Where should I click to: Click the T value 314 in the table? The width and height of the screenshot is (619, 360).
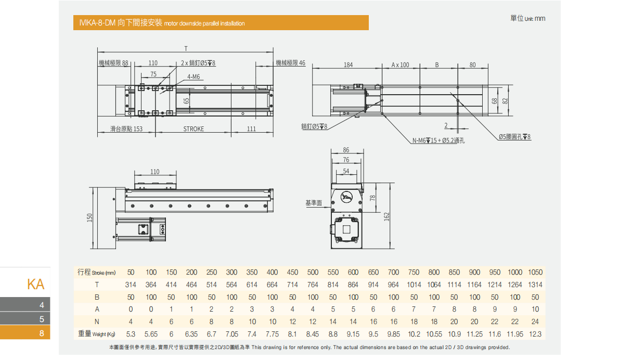(x=131, y=285)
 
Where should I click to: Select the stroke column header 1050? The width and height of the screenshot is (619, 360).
(x=535, y=272)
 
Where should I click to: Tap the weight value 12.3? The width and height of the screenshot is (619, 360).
(x=535, y=334)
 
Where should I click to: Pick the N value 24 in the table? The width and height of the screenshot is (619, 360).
(x=535, y=322)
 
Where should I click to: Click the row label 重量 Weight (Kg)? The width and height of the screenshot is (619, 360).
(x=96, y=334)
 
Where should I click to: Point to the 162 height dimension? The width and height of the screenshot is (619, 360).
(x=386, y=216)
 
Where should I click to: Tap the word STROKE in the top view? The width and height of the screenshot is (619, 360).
(x=194, y=129)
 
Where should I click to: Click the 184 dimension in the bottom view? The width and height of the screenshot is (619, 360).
(x=348, y=65)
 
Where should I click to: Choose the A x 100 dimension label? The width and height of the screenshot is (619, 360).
(x=401, y=65)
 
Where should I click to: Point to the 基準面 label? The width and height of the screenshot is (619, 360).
(x=314, y=203)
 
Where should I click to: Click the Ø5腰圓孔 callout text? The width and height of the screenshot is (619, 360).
(x=514, y=137)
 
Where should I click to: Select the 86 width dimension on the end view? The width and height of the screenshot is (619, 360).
(x=346, y=150)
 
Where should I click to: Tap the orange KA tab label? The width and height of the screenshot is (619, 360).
(x=36, y=284)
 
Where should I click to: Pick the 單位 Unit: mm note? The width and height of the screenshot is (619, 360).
(x=527, y=19)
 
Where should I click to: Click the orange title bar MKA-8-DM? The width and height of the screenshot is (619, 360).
(x=221, y=23)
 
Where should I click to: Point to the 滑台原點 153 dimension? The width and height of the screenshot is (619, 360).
(x=126, y=129)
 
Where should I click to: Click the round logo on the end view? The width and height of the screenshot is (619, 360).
(x=347, y=197)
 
